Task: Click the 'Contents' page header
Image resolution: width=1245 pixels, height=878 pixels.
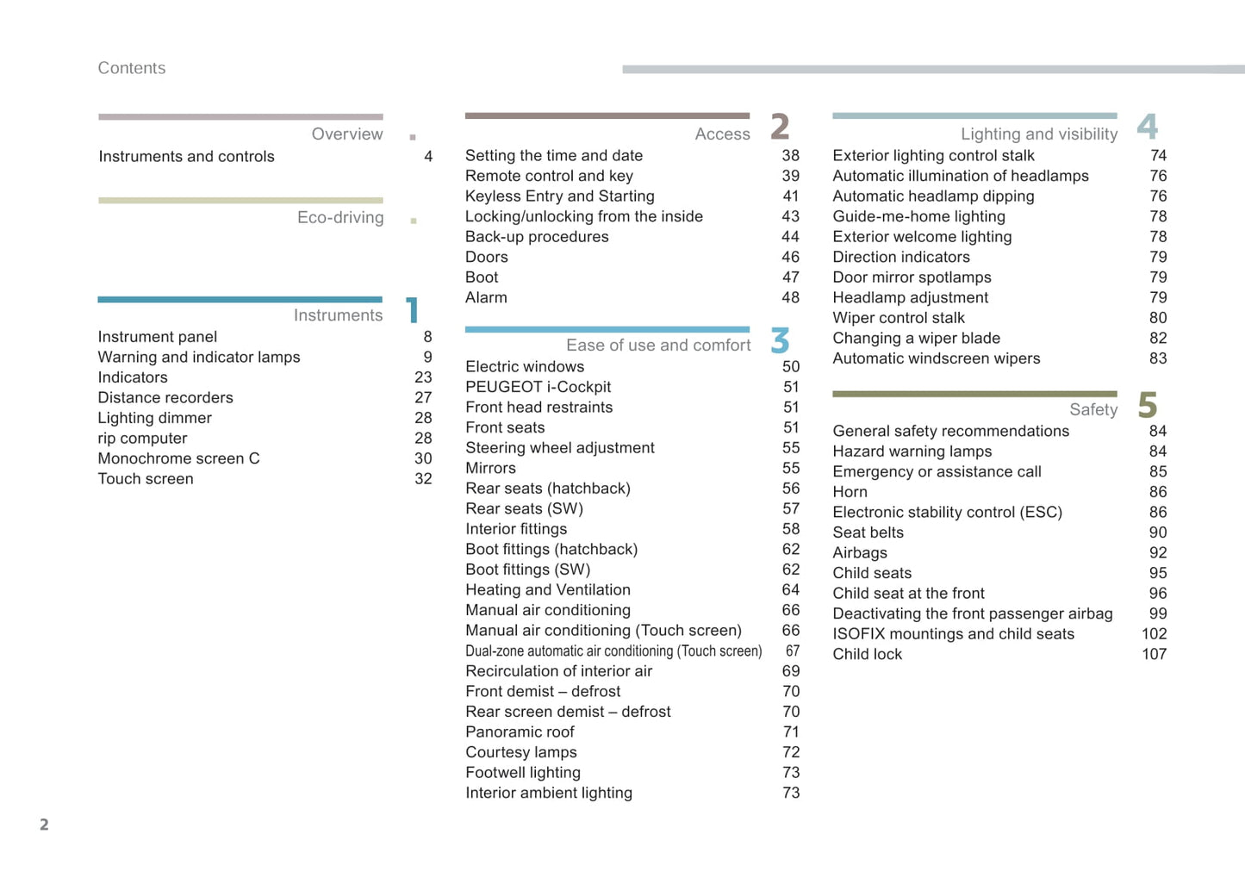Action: (131, 68)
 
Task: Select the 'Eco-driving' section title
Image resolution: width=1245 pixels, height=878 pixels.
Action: (340, 217)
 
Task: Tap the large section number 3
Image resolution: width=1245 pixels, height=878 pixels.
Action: (780, 340)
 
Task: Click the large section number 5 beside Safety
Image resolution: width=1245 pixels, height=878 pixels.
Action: (1147, 405)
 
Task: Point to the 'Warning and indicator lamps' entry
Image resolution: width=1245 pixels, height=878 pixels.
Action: (199, 357)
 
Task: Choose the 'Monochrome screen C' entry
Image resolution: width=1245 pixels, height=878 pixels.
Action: (178, 458)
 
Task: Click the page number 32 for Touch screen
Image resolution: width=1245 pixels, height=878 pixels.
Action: (423, 479)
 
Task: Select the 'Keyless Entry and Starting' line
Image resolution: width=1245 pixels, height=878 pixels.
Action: (560, 196)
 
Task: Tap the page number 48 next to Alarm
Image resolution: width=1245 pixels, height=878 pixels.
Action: (790, 298)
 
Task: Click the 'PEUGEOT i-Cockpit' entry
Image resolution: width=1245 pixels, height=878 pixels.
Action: (538, 387)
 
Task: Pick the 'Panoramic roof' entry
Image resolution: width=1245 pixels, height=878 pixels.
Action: (520, 732)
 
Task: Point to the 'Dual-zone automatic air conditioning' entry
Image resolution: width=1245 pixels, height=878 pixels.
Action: (613, 651)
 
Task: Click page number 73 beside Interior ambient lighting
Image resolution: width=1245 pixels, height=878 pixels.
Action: (791, 793)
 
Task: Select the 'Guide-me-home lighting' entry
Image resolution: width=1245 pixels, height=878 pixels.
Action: (918, 216)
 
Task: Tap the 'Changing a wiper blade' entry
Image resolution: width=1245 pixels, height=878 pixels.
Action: (916, 338)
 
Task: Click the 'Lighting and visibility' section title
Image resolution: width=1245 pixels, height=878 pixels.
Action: (1038, 134)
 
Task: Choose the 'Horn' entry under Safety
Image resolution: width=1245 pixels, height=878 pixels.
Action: (850, 492)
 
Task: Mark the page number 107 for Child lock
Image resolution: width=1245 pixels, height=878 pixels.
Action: (1154, 654)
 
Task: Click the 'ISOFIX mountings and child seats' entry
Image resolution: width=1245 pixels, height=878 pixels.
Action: (953, 634)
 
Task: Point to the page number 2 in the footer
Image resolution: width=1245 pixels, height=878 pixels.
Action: (44, 825)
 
